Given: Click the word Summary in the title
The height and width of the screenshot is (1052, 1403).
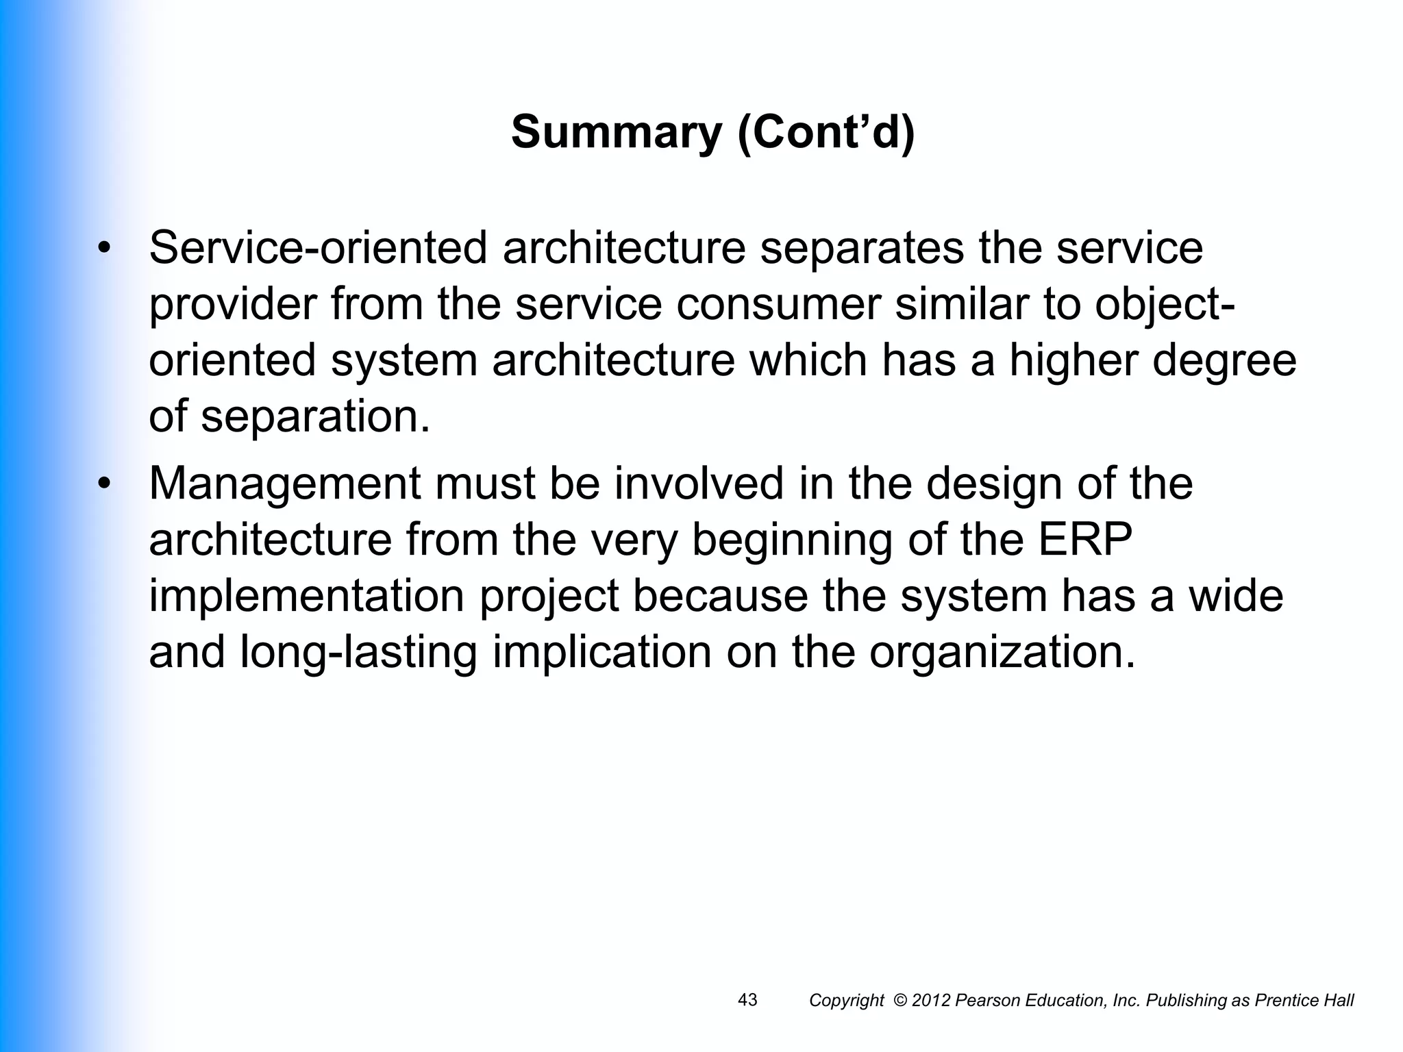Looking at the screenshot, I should pyautogui.click(x=616, y=132).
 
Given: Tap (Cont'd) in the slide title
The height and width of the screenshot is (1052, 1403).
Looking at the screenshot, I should pyautogui.click(x=825, y=132).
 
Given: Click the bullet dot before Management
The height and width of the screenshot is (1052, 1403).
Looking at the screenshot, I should pyautogui.click(x=103, y=484).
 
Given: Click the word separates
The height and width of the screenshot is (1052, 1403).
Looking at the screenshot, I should pyautogui.click(x=862, y=248).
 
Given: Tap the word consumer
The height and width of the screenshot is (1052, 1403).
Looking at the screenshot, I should pyautogui.click(x=778, y=304).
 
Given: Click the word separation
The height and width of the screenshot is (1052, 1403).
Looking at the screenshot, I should pyautogui.click(x=316, y=416).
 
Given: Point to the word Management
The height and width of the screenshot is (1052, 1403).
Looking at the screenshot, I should pyautogui.click(x=284, y=484).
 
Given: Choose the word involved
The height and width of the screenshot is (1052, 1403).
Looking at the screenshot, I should pyautogui.click(x=698, y=484).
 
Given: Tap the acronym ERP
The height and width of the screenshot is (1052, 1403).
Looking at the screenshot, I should pyautogui.click(x=1085, y=540).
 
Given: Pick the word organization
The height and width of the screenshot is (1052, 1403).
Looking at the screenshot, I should pyautogui.click(x=1002, y=652).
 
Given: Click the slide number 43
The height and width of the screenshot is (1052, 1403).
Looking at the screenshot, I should pyautogui.click(x=747, y=1000).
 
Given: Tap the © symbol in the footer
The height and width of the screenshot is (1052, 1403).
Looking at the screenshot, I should pyautogui.click(x=900, y=1001).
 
